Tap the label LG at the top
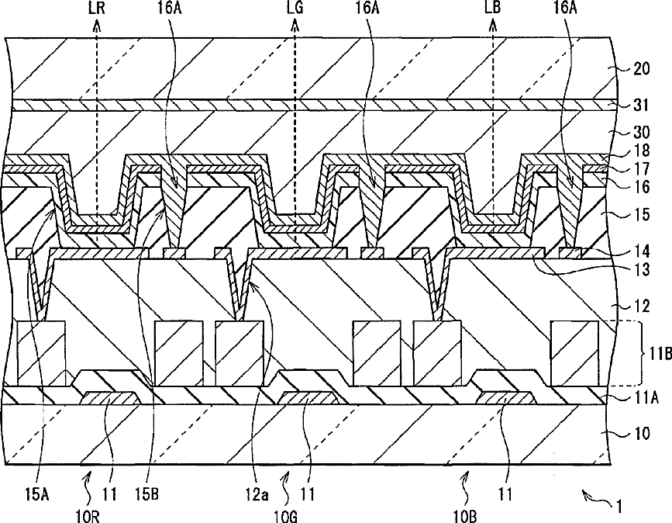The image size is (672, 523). tap(295, 10)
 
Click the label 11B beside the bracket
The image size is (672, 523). tap(651, 353)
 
